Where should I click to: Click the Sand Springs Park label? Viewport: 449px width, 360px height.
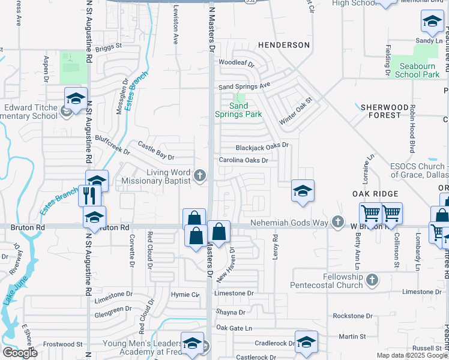[238, 110]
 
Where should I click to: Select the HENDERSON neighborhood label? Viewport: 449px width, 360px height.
[284, 45]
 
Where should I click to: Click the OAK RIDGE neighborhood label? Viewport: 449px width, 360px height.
[375, 194]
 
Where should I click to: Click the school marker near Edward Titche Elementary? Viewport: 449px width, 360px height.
[76, 99]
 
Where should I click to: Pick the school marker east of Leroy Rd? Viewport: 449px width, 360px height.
[303, 191]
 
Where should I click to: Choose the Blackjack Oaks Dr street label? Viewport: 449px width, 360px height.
[262, 146]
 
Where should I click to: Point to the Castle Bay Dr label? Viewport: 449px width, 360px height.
[155, 150]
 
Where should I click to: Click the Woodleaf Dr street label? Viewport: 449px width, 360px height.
[237, 62]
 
